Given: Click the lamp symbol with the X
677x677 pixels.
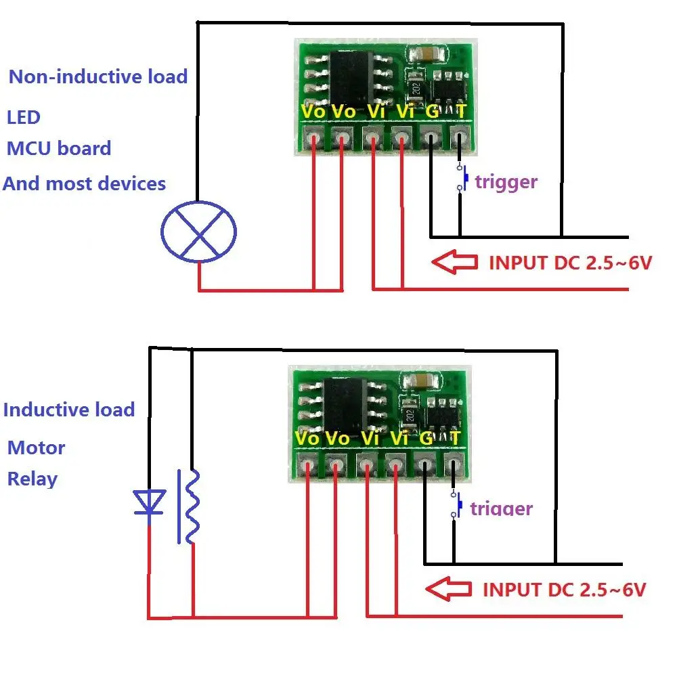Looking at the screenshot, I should tap(198, 232).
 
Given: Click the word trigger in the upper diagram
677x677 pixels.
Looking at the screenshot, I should tap(506, 181).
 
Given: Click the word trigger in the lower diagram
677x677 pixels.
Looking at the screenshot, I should tap(501, 508).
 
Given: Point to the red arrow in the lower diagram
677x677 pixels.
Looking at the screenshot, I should tap(447, 589).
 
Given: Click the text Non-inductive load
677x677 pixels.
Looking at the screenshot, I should tap(98, 77).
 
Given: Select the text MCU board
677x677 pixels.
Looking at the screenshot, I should tap(59, 148).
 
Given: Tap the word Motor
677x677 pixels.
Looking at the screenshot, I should tap(37, 448).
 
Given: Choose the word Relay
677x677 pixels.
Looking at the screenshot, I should tap(32, 479).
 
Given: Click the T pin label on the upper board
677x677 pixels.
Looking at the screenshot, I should tap(460, 111).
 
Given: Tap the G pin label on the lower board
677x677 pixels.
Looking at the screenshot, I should tap(426, 438).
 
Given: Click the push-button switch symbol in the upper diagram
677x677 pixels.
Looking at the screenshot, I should tap(462, 177).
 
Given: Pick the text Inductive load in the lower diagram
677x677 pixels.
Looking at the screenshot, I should tap(69, 410).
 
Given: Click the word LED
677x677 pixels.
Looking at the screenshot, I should tap(24, 117).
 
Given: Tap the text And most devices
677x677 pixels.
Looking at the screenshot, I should tap(85, 183).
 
